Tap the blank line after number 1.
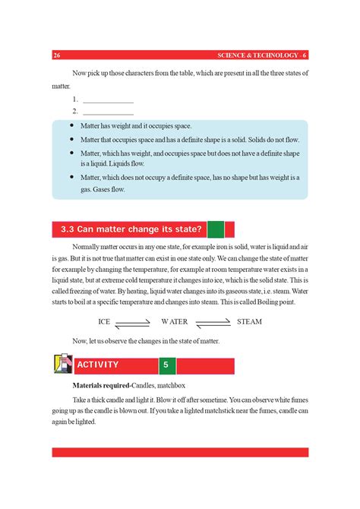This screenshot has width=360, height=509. pos(107,100)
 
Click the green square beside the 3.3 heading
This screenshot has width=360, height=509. pos(216,229)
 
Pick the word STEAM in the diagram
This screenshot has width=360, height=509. pos(249,321)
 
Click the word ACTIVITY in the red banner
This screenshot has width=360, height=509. pos(97,365)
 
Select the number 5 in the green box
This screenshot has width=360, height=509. pos(165,365)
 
